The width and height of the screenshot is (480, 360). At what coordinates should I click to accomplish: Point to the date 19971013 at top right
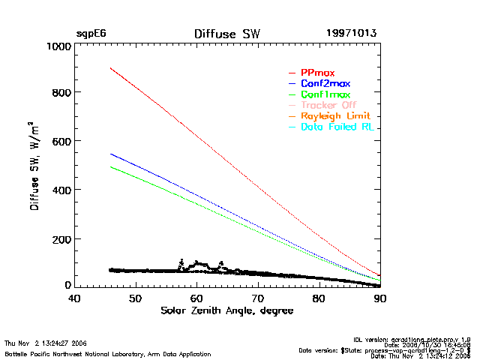[352, 34]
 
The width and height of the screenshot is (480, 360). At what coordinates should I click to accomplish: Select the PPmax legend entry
[318, 71]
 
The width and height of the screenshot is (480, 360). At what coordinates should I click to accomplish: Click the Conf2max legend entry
[325, 82]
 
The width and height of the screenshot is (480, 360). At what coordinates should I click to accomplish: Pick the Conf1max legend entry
[325, 94]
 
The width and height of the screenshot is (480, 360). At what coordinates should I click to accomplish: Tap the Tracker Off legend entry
[328, 105]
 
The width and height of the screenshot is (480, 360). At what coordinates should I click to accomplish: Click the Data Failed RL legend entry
[337, 127]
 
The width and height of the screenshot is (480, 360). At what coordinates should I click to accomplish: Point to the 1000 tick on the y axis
[56, 46]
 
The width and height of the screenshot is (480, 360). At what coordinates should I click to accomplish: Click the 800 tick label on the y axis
[59, 93]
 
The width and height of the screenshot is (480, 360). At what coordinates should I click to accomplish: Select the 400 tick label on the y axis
[59, 190]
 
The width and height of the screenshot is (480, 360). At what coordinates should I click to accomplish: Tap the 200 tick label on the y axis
[59, 239]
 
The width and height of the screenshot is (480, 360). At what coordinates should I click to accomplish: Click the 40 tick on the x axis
[74, 298]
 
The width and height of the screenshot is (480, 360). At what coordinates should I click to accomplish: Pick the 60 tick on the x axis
[196, 298]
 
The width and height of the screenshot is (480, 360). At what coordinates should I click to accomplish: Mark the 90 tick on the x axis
[380, 298]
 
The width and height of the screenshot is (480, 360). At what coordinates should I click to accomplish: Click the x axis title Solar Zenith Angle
[226, 310]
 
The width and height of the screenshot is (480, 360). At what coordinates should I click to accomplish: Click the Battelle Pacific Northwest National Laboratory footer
[107, 353]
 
